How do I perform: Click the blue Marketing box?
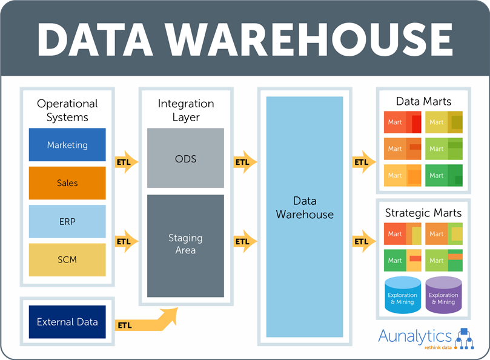coord(67,144)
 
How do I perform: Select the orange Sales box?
coord(67,183)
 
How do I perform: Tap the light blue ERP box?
coord(67,221)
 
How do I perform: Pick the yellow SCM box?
coord(67,260)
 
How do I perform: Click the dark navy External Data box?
coord(67,322)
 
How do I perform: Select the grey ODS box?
coord(185,158)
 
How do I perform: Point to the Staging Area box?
coord(185,246)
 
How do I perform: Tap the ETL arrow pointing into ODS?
coord(127,162)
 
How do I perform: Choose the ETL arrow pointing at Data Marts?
coord(364,162)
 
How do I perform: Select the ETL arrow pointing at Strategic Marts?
coord(364,241)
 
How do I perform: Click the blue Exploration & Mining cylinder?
coord(403,295)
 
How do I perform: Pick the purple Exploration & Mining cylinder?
coord(443,295)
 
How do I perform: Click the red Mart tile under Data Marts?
coord(403,122)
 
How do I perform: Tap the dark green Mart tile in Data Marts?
coord(444,176)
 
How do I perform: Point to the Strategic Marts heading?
coord(423,213)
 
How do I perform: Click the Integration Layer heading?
coord(186,110)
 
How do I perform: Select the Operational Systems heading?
coord(67,110)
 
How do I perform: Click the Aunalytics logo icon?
coord(465,338)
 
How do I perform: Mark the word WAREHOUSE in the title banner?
coord(309,40)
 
